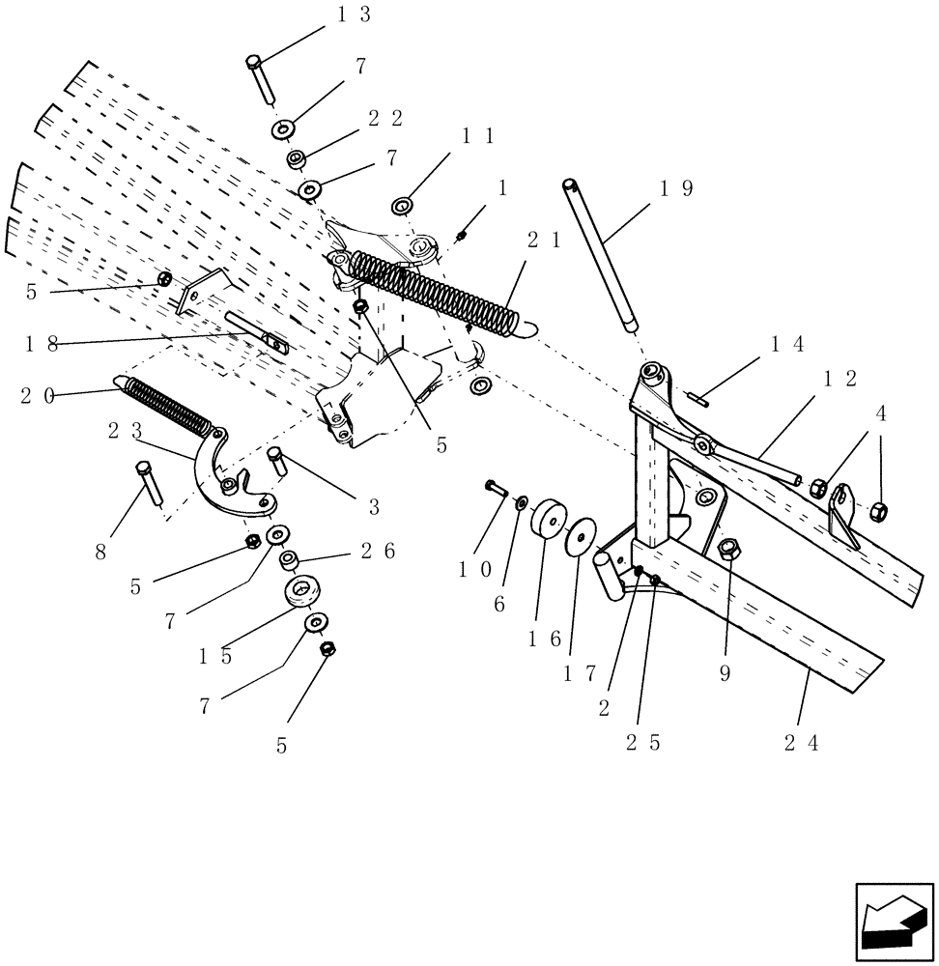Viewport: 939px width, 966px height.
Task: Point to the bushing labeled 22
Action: point(296,158)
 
